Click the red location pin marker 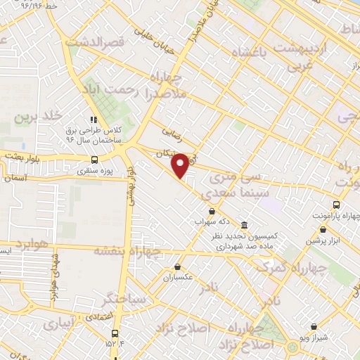tap(181, 165)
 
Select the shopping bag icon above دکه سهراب tap(212, 210)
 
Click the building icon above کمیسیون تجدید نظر tap(244, 225)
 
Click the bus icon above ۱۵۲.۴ tap(115, 335)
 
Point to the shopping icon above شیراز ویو tap(313, 326)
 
